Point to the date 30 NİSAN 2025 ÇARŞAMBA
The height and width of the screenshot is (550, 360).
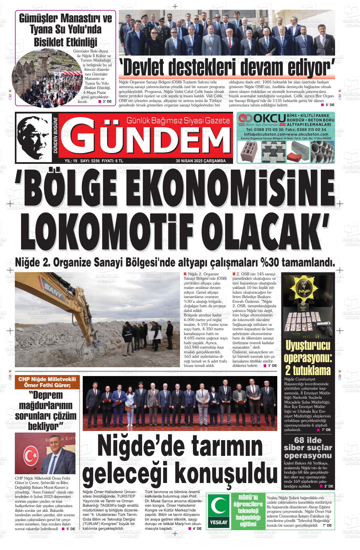(x=201, y=161)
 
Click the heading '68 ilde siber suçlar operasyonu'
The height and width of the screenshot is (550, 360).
(x=308, y=448)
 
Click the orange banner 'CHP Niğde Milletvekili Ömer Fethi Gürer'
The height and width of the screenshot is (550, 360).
(x=47, y=382)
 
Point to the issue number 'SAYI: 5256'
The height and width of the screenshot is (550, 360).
(x=90, y=161)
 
